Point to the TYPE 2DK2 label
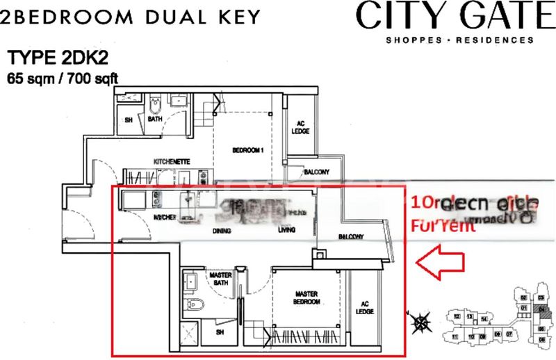point(53,58)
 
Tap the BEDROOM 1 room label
point(249,150)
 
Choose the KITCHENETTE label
point(172,162)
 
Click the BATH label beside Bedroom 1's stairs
point(155,119)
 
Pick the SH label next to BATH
point(127,119)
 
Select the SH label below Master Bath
point(221,333)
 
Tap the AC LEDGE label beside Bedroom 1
point(301,126)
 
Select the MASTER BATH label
point(220,279)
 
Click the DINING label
point(222,231)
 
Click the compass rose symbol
point(420,320)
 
